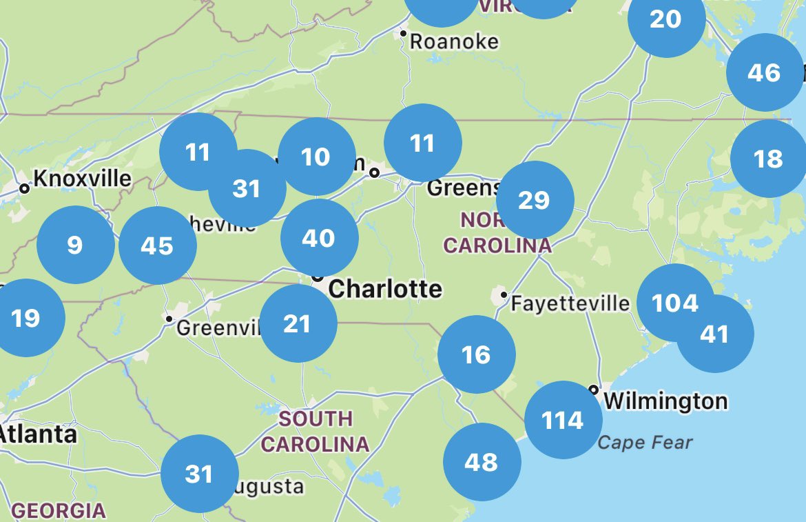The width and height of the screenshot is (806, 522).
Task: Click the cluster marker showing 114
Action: (x=563, y=419)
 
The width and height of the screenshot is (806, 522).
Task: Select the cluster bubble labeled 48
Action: (x=482, y=461)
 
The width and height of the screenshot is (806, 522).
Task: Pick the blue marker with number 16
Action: (x=476, y=354)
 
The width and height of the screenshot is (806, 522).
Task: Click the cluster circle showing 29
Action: (x=535, y=200)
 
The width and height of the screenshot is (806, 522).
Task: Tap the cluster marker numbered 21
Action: (x=298, y=323)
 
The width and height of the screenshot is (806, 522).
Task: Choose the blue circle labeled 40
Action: (x=319, y=238)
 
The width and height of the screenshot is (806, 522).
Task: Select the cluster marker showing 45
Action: (x=157, y=245)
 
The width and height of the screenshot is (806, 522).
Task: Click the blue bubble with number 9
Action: (x=75, y=245)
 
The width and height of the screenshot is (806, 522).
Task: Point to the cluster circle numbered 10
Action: (x=316, y=157)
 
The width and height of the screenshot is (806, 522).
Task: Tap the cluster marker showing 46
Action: (x=765, y=72)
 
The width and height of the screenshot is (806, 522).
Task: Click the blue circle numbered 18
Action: (x=768, y=159)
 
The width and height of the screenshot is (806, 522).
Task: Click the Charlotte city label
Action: (x=385, y=288)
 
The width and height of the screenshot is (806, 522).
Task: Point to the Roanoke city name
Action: (x=454, y=41)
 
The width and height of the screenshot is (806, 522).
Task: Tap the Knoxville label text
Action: (x=82, y=179)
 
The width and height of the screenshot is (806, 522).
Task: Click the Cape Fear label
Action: (x=645, y=442)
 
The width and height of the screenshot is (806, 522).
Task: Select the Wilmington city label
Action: (x=665, y=401)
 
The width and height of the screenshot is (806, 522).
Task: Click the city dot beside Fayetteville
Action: (x=504, y=295)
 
